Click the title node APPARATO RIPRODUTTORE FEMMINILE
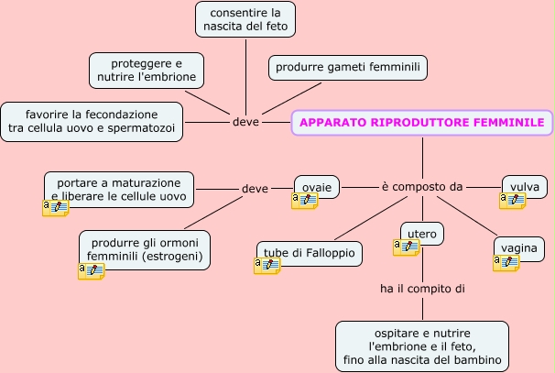click(422, 123)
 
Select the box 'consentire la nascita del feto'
click(245, 19)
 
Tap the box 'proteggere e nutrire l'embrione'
click(147, 71)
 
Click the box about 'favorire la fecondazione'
click(92, 122)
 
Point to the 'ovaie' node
click(317, 186)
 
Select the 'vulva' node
click(525, 186)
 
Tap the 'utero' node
click(422, 233)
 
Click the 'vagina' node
click(519, 247)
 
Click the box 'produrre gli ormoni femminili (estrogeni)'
click(145, 249)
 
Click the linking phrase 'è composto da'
click(421, 187)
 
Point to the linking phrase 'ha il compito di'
click(422, 289)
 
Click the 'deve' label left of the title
click(245, 122)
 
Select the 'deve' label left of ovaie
click(255, 189)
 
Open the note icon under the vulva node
click(512, 201)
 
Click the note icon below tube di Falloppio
click(267, 266)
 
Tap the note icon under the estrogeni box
click(91, 271)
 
